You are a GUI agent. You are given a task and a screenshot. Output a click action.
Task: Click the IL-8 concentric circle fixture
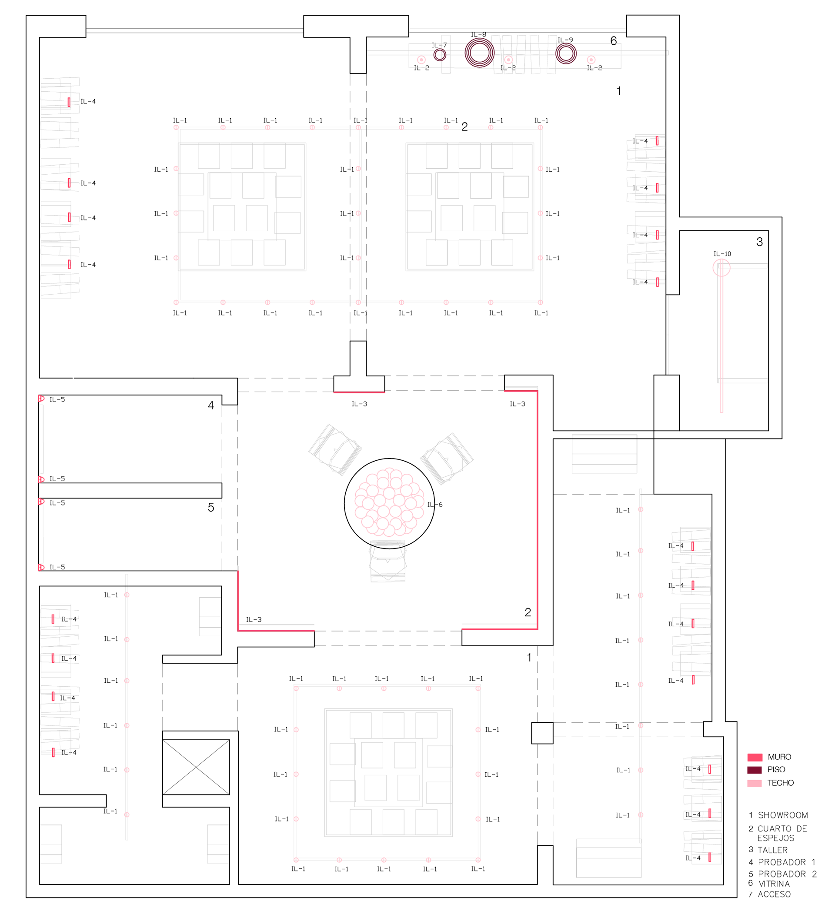point(479,53)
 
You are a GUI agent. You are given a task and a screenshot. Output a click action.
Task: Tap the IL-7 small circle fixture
point(440,55)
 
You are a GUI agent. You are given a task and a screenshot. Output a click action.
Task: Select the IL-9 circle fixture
point(566,53)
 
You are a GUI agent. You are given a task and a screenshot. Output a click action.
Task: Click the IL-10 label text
point(722,254)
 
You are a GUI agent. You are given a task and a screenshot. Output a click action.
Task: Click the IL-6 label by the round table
point(434,505)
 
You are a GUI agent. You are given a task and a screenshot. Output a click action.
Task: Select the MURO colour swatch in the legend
point(755,757)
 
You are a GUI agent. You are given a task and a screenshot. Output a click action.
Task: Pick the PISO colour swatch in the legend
point(755,770)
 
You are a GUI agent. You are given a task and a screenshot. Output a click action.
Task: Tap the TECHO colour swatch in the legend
point(755,783)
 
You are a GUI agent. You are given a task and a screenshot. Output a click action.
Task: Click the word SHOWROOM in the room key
point(783,815)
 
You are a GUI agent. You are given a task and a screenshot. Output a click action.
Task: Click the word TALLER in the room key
point(772,850)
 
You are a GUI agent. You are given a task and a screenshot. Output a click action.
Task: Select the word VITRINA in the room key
point(774,884)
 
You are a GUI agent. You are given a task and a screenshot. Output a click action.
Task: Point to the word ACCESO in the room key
point(774,894)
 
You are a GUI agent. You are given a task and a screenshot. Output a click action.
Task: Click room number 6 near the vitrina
point(614,41)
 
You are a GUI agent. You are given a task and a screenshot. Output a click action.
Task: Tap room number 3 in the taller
point(760,242)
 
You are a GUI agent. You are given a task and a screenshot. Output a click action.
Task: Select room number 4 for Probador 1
point(211,405)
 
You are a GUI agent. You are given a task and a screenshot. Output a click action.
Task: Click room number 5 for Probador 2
point(211,507)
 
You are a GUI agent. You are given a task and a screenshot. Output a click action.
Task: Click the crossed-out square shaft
point(196,767)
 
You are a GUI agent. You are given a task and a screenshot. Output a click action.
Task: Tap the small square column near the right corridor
point(542,733)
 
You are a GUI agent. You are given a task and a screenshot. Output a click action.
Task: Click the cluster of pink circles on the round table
point(389,503)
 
